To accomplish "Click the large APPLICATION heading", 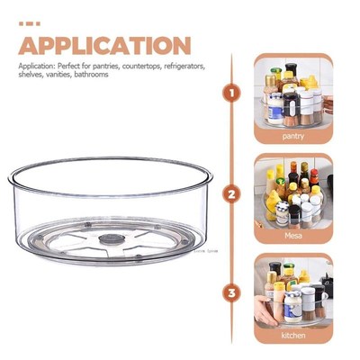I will tap(104, 46).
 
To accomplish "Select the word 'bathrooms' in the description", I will tap(92, 74).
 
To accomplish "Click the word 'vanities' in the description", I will tap(58, 74).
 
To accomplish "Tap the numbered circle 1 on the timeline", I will tap(232, 93).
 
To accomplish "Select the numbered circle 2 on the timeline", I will tap(232, 193).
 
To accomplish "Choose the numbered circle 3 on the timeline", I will tap(232, 292).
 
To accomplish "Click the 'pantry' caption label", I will tap(292, 136).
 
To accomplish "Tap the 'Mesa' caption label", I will tap(292, 236).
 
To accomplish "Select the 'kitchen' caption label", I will tap(292, 335).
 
